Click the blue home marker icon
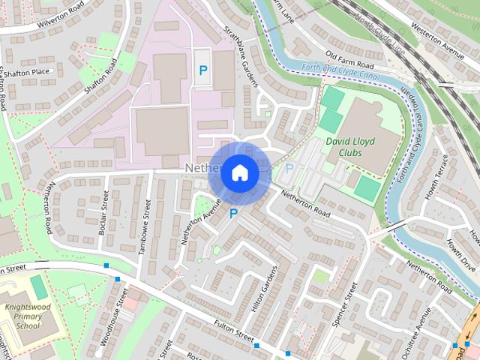pos(239,172)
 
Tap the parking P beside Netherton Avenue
pos(233,214)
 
